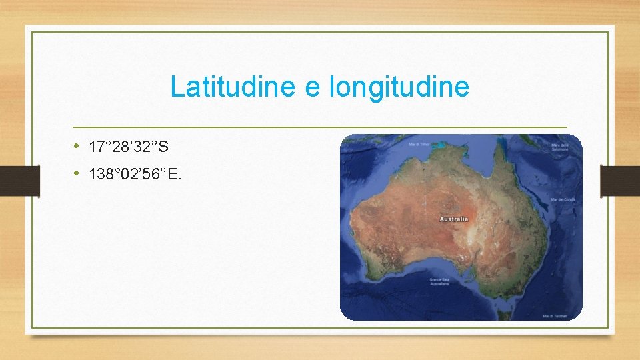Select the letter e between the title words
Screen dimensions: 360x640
click(313, 88)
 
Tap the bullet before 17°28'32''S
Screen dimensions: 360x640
click(77, 145)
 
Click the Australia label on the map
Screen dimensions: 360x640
click(453, 219)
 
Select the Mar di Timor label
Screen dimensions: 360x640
click(419, 143)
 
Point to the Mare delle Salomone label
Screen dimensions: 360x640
click(559, 147)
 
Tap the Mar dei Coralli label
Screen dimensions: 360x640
click(563, 199)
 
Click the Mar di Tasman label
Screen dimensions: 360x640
click(555, 315)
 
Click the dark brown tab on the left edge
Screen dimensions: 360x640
click(11, 180)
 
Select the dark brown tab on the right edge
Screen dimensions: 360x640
click(620, 180)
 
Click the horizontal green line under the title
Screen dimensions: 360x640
click(320, 127)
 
